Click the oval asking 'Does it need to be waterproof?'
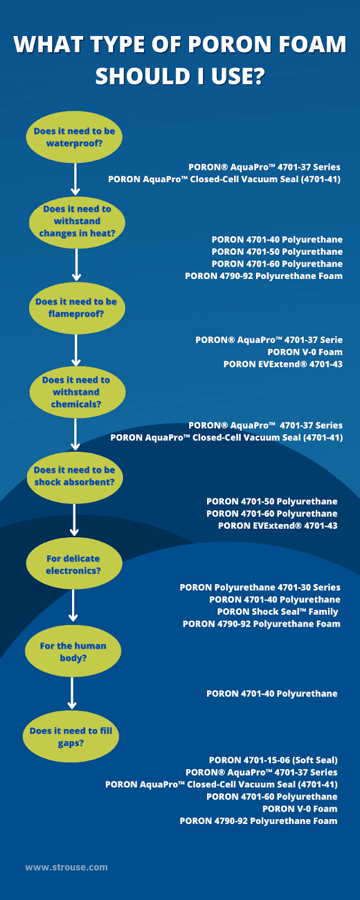click(74, 137)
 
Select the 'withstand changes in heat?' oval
click(77, 222)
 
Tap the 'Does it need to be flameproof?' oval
click(77, 308)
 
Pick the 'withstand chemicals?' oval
click(78, 392)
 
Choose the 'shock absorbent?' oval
click(75, 478)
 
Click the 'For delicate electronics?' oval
click(74, 563)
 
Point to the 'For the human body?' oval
click(73, 651)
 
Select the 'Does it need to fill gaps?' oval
click(71, 736)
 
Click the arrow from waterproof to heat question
click(75, 179)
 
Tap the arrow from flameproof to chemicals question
click(76, 350)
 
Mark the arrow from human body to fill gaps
click(72, 693)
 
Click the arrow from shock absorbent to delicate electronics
click(74, 520)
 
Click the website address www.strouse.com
click(66, 867)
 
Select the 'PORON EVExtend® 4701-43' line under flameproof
click(283, 364)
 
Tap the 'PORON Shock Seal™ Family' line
click(278, 612)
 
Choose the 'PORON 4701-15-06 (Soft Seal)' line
click(273, 760)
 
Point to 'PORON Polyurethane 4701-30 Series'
click(260, 587)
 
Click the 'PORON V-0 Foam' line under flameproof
click(305, 352)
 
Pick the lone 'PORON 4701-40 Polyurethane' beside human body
click(272, 694)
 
